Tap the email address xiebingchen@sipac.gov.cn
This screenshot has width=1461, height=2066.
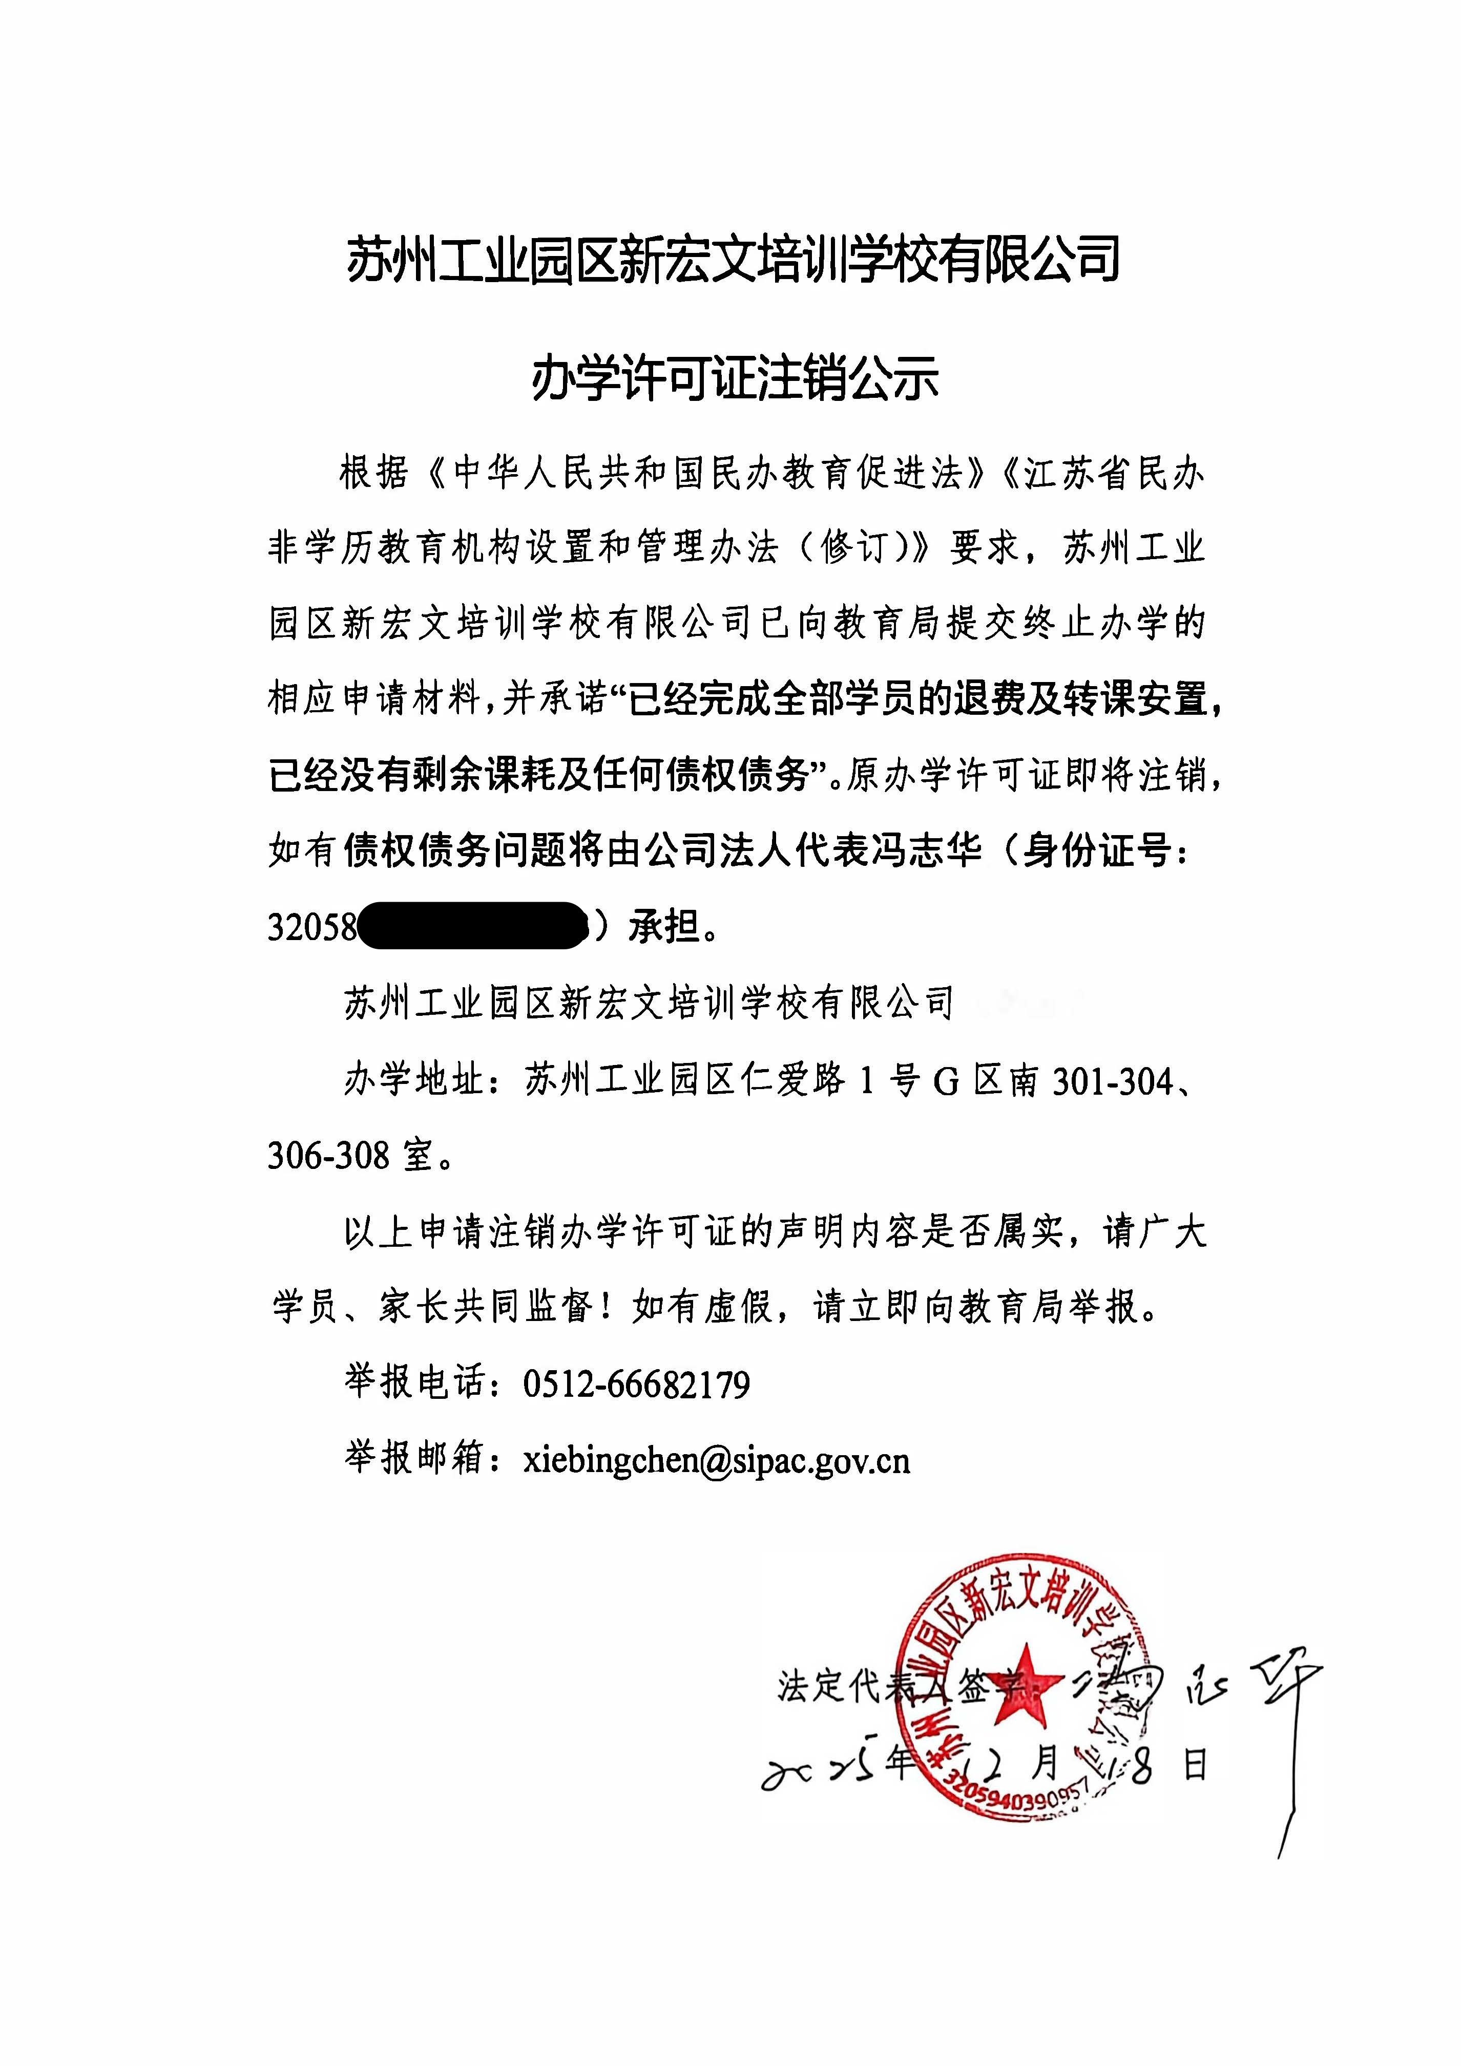717,1460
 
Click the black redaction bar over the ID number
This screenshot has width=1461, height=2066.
473,925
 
